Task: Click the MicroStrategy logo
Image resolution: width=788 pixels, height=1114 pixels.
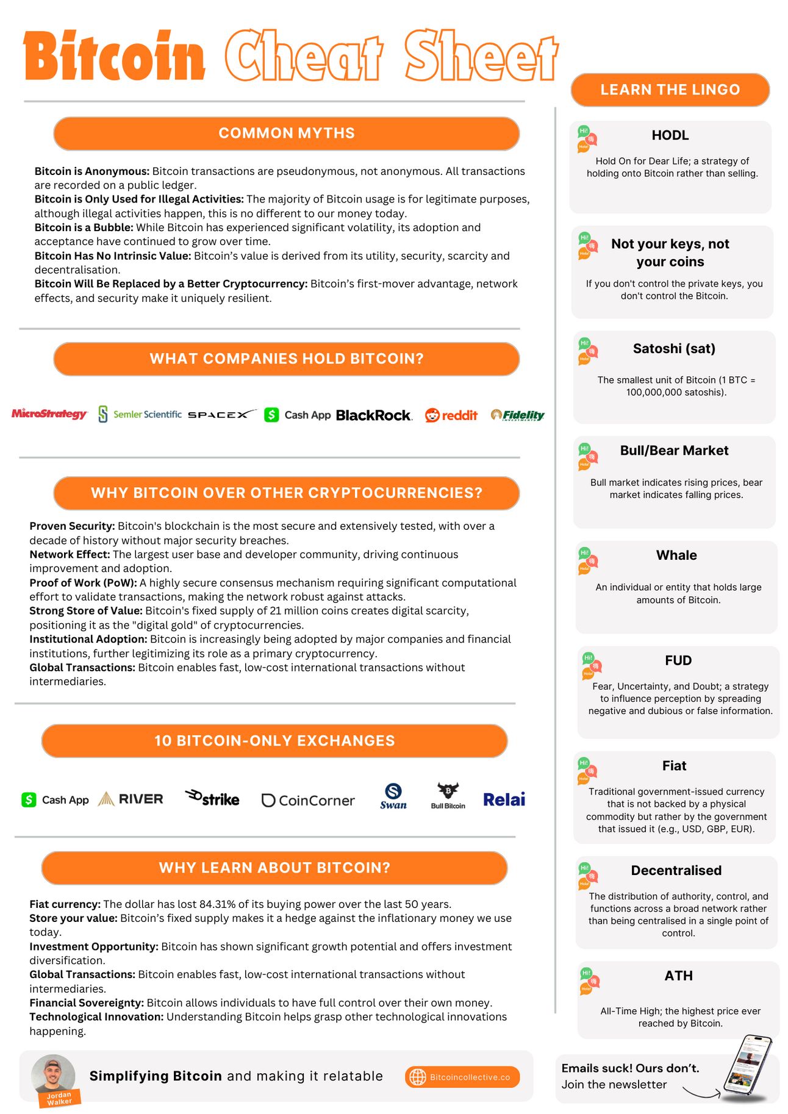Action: [x=49, y=414]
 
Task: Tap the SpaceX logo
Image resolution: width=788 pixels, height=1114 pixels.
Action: [x=222, y=415]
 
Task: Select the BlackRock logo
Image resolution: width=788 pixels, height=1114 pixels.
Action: [x=374, y=415]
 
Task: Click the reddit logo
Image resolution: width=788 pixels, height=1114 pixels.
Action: [x=451, y=415]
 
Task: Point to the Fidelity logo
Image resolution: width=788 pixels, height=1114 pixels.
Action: [x=518, y=415]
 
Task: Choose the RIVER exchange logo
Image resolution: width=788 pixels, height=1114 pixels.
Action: [x=131, y=799]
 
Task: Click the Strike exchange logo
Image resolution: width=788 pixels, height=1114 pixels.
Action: [x=212, y=798]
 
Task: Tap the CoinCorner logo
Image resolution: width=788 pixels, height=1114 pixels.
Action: [x=308, y=800]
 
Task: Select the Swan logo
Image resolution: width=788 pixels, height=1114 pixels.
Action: [x=393, y=796]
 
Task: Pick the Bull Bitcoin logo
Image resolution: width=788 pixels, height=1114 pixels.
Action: [x=448, y=796]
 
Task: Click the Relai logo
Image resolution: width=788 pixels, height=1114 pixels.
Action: [x=504, y=799]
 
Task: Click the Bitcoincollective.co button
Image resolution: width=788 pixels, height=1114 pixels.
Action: [x=462, y=1077]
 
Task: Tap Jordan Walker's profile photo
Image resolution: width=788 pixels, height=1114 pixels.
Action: [x=54, y=1076]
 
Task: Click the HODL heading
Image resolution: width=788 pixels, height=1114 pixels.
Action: [x=670, y=135]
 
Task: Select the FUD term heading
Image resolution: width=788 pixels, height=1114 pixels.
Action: [x=678, y=660]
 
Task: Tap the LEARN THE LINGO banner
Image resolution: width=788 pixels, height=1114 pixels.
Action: [x=670, y=90]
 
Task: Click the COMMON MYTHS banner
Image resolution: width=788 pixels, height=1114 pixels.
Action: [x=286, y=134]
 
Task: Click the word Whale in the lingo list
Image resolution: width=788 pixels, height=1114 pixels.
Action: [x=676, y=555]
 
